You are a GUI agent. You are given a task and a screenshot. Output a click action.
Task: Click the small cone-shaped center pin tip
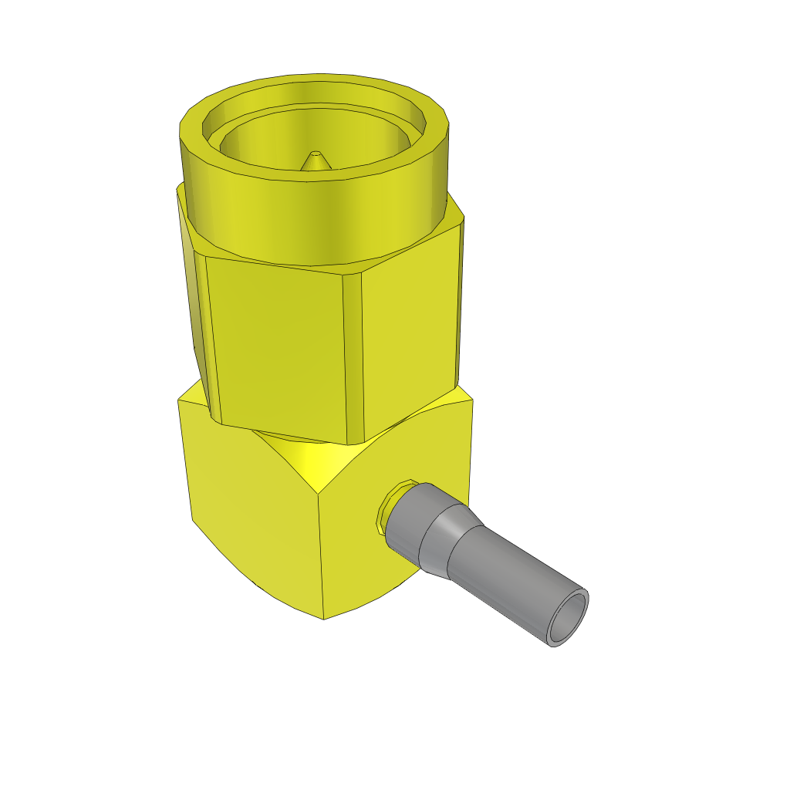tap(314, 160)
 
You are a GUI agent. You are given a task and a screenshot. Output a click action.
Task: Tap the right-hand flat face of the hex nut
tap(413, 332)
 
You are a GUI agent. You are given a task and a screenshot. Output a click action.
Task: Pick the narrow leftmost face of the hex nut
tap(199, 324)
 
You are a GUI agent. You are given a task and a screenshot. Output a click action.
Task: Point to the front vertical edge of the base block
tap(321, 555)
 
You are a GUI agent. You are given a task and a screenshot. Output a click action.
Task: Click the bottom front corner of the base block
tap(323, 618)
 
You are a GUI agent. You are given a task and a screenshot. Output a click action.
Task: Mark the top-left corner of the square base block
tap(180, 401)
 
